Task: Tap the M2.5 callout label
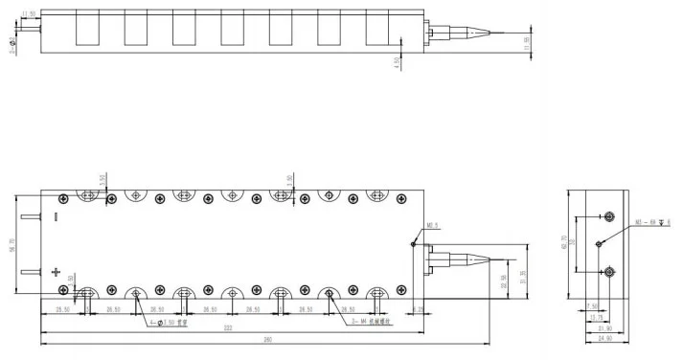pyautogui.click(x=431, y=227)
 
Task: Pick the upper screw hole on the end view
pyautogui.click(x=607, y=215)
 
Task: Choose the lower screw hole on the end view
pyautogui.click(x=607, y=272)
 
